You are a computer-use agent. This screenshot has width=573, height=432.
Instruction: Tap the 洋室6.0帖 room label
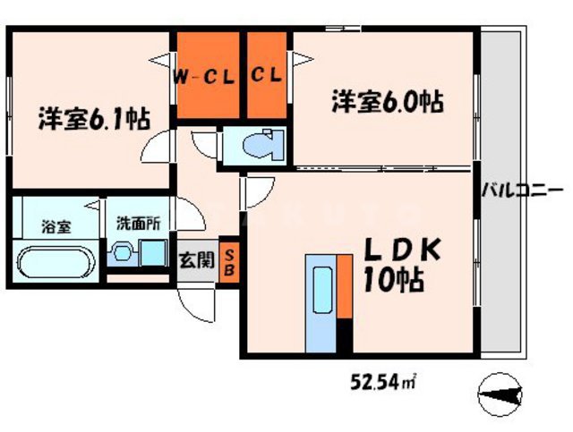coord(388,100)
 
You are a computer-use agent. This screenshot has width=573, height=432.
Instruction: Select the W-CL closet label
coord(204,76)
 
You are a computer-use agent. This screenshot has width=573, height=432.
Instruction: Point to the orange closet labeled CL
coord(266,76)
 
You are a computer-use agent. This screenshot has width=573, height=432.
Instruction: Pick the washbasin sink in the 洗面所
coord(122,255)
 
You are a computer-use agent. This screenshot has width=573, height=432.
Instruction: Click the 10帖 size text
coord(393,285)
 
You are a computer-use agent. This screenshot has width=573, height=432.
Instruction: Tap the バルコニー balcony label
coord(521,190)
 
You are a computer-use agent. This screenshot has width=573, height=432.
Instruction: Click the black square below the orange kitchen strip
coord(343,339)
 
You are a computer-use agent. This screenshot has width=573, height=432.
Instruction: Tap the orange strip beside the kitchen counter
coord(343,285)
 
